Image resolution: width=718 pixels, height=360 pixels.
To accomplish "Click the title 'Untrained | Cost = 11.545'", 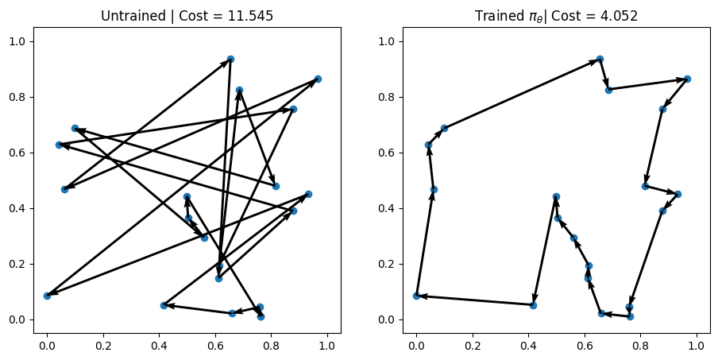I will [x=187, y=16].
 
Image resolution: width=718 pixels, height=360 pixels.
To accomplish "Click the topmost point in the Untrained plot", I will [x=230, y=59].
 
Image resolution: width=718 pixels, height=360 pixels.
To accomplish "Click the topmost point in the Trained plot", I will [x=600, y=59].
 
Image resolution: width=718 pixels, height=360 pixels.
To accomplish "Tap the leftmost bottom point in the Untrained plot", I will [x=47, y=296].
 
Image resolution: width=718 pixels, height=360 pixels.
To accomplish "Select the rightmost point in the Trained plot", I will [x=687, y=79].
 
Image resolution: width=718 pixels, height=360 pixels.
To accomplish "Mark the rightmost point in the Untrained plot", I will [x=318, y=79].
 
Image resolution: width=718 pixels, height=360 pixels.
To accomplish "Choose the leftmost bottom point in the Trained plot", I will [x=416, y=296].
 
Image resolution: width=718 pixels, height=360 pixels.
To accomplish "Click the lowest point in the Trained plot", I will [x=630, y=316].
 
